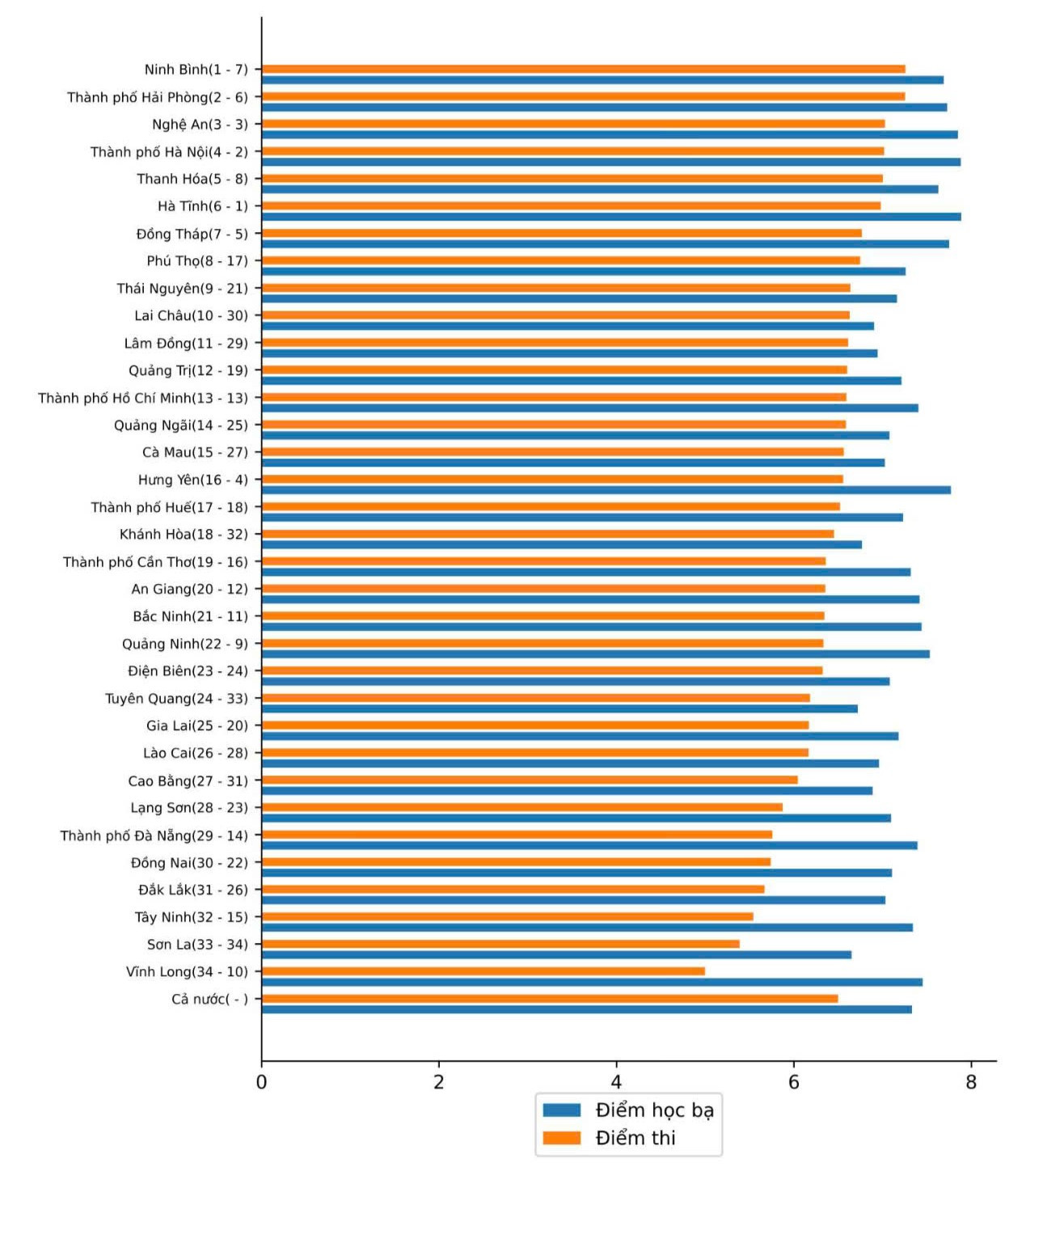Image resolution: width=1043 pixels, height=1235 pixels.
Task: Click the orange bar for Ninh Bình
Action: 584,70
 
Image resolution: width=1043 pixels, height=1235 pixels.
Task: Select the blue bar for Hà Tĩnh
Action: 611,217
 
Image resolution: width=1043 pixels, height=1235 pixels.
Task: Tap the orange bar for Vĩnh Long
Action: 483,971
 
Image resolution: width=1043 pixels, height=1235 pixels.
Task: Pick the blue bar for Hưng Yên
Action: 606,490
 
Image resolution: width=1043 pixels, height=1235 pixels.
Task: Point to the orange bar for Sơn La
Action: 500,944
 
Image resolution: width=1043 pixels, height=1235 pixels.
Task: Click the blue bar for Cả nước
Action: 587,1009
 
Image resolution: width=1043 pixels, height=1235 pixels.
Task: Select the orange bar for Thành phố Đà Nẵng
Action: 517,835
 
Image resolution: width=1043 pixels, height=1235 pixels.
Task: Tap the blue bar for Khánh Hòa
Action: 562,545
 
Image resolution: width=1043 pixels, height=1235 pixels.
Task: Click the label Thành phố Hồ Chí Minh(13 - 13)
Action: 143,398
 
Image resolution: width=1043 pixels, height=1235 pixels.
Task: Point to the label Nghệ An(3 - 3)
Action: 201,125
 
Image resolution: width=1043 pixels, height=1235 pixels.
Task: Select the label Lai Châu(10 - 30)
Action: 192,316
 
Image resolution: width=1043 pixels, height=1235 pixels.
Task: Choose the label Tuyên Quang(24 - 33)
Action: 177,699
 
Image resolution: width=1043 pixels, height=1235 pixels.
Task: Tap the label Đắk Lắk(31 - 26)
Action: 193,890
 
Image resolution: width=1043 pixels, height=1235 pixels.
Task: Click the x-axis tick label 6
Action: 793,1082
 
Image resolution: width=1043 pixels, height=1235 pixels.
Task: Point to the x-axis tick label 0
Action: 261,1082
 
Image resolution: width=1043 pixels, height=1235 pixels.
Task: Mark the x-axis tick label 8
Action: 971,1082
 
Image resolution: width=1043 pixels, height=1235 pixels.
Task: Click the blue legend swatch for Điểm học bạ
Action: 562,1110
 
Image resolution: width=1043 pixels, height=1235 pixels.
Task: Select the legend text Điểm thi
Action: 636,1138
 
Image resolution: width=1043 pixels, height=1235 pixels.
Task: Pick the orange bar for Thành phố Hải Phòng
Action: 584,96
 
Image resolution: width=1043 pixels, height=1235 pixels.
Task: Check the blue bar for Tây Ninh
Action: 587,928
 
